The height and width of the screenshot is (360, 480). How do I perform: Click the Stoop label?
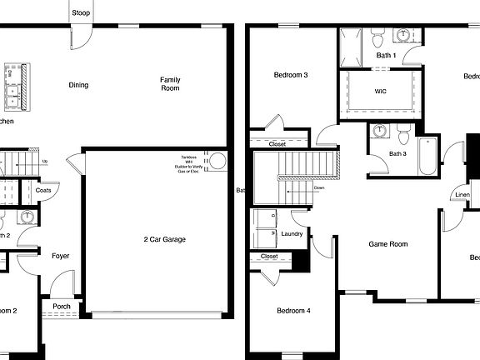coord(81,12)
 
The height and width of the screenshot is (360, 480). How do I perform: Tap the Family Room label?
coord(170,83)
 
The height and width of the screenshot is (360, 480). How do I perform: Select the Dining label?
coord(78,84)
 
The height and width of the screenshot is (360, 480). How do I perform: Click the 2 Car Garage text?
coord(164,239)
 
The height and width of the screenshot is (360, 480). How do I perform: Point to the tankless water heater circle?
coord(217,162)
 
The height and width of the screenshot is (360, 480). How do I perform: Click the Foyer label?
coord(60,256)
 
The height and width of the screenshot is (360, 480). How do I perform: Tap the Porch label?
coord(62,306)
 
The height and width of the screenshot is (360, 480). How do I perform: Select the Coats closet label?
coord(44,190)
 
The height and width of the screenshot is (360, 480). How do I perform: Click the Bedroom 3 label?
coord(291,76)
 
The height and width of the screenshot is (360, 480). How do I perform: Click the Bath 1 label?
coord(386,56)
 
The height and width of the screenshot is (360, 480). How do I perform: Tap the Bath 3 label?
coord(397,153)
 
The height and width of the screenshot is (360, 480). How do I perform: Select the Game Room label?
coord(388,244)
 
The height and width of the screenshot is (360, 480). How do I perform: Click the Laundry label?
coord(291,234)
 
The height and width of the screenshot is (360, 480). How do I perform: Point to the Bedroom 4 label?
coord(292,311)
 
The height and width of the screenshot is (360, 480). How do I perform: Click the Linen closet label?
coord(462,196)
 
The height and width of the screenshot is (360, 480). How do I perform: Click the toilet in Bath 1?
coord(376,38)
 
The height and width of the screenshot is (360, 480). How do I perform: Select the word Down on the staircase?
coord(319,187)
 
